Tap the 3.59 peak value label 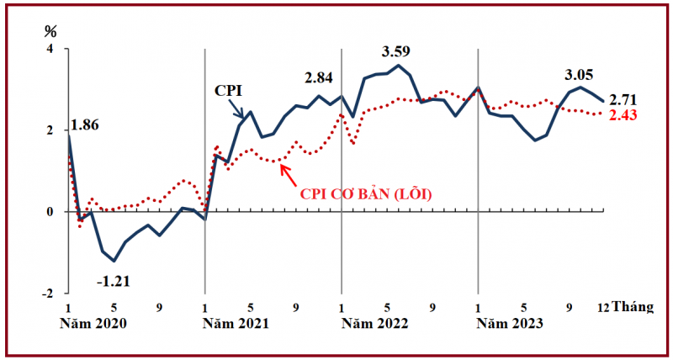(x=397, y=52)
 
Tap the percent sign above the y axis (x=50, y=33)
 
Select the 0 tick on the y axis (x=50, y=212)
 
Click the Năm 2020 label (x=94, y=323)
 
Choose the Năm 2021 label (x=231, y=323)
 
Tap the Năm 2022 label (x=368, y=323)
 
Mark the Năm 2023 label (x=505, y=323)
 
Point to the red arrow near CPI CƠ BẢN (x=286, y=173)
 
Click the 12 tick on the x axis (x=603, y=307)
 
